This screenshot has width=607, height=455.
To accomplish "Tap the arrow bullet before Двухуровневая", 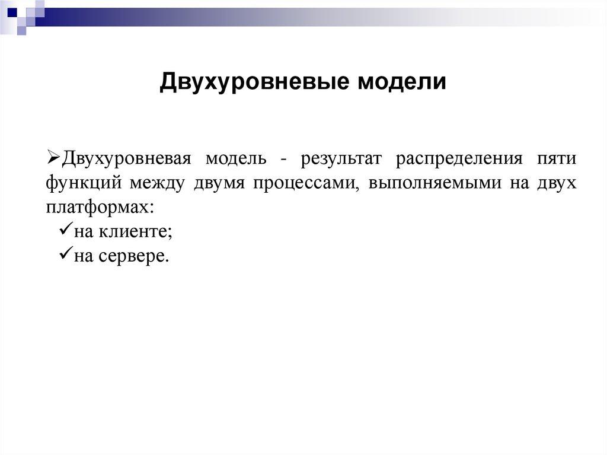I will [x=52, y=158].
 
